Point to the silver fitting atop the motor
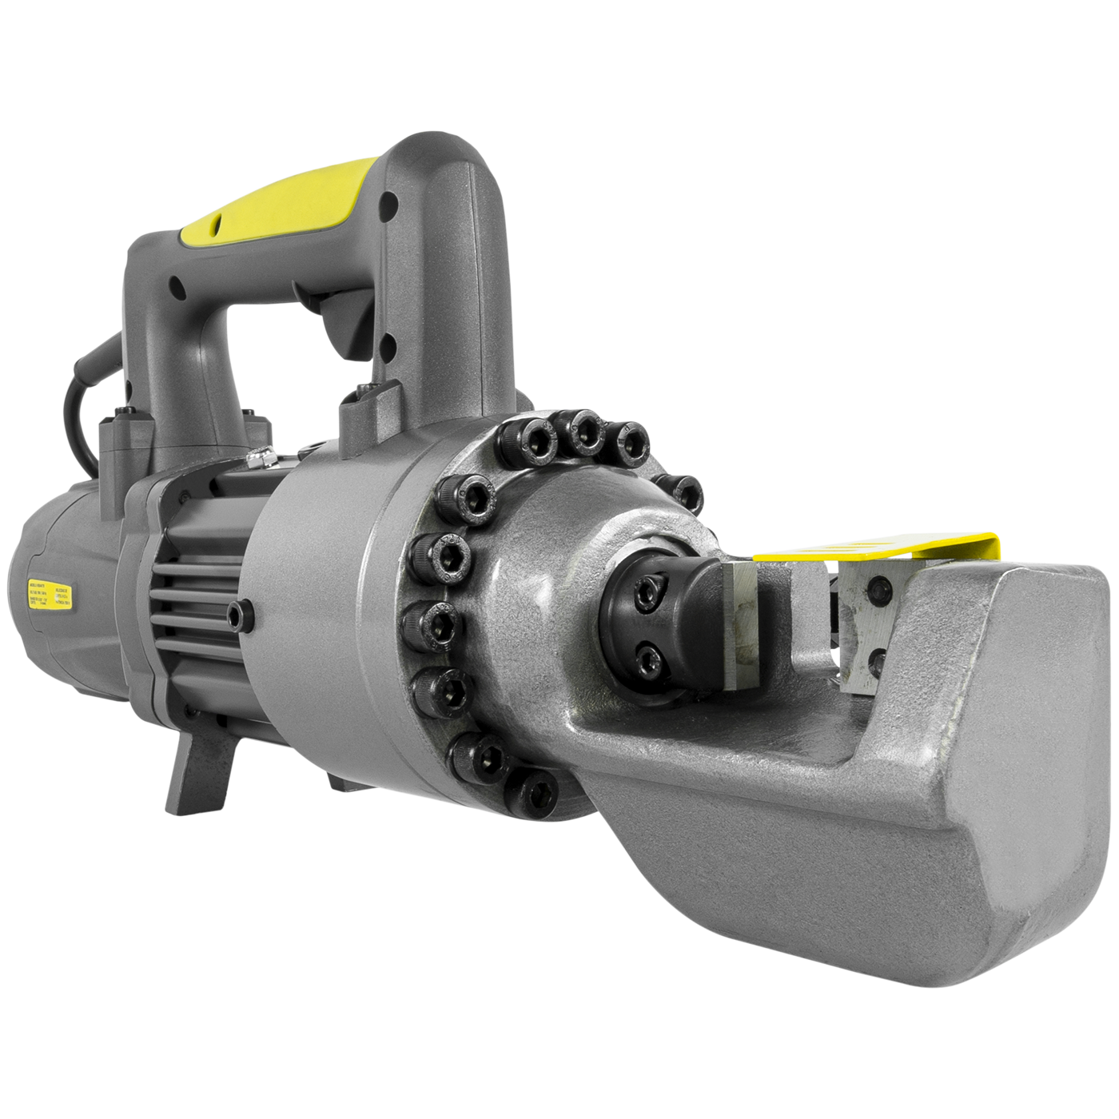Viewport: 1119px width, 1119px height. coord(260,459)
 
